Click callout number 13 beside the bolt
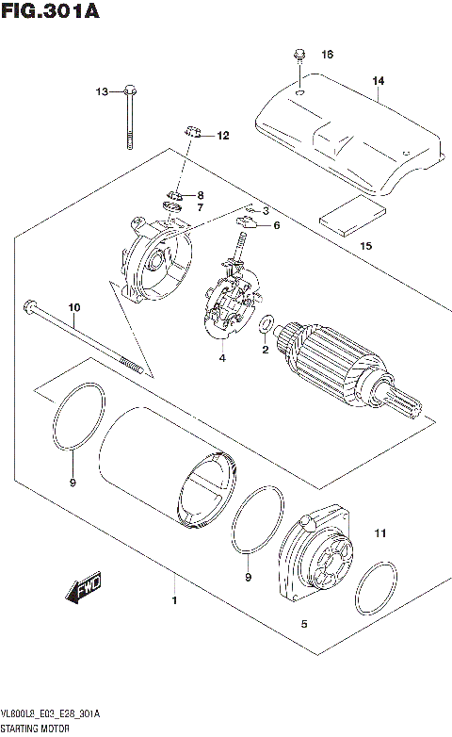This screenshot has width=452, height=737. coord(101,91)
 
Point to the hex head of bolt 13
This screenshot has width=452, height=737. coord(130,91)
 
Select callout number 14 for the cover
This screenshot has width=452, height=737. coord(378,81)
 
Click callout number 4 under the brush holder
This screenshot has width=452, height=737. coord(222,358)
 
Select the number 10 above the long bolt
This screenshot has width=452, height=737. coord(74,307)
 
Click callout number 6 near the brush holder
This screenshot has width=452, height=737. coord(278,226)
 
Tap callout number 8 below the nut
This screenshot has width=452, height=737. coord(200,195)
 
